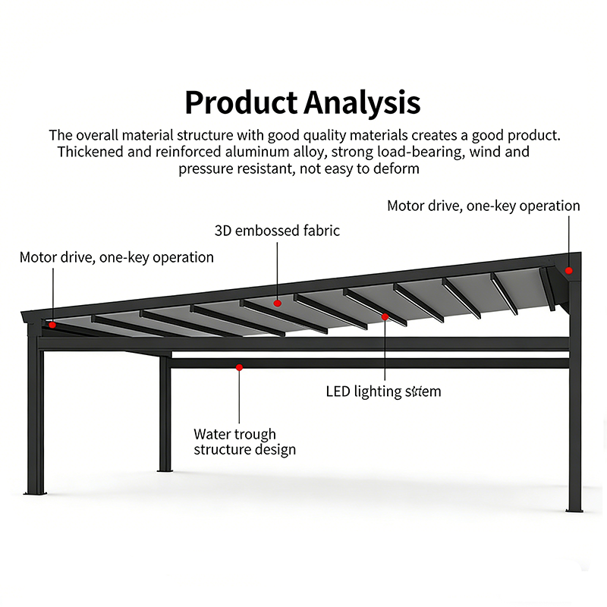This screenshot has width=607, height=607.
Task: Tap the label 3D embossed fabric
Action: pos(277,230)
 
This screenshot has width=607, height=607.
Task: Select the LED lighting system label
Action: pos(383,392)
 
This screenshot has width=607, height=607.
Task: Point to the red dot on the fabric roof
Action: pos(278,303)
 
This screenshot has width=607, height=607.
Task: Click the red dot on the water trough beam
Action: pos(239,367)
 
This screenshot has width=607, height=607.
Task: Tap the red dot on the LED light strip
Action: pos(385,316)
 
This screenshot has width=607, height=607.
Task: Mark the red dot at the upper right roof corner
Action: pos(568,269)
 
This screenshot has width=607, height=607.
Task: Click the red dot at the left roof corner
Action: pos(52,324)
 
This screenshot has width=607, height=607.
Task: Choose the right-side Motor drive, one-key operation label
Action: pos(483,206)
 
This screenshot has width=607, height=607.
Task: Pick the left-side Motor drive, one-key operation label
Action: pos(117,257)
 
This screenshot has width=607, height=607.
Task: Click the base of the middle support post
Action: pos(165,468)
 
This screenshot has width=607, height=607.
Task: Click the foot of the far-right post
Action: pos(574,507)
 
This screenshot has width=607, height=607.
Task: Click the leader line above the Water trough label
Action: pos(239,398)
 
